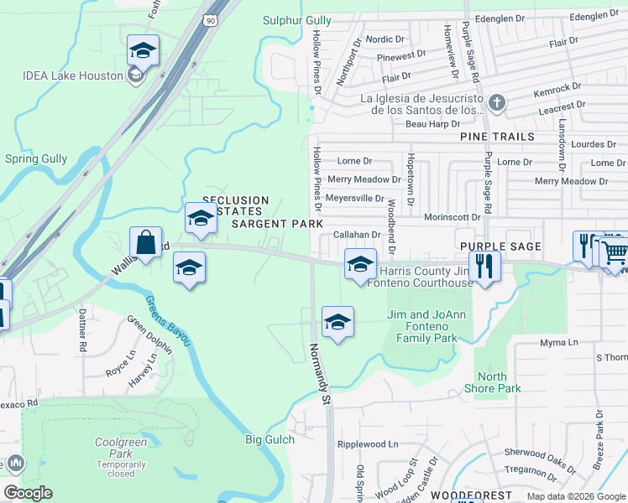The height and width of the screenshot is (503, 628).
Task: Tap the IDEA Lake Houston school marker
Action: point(143,52)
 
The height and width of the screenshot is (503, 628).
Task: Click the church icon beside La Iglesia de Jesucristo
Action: point(497,103)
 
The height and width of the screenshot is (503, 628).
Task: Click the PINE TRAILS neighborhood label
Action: point(496,137)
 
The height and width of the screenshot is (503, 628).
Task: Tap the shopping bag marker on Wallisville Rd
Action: point(145,243)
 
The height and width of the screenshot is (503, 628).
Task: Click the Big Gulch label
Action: point(270,439)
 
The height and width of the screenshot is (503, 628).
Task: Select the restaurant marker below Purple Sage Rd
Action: point(484,267)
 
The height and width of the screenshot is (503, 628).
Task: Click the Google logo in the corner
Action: point(28,493)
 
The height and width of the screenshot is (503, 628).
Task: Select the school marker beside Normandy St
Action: point(338,322)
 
